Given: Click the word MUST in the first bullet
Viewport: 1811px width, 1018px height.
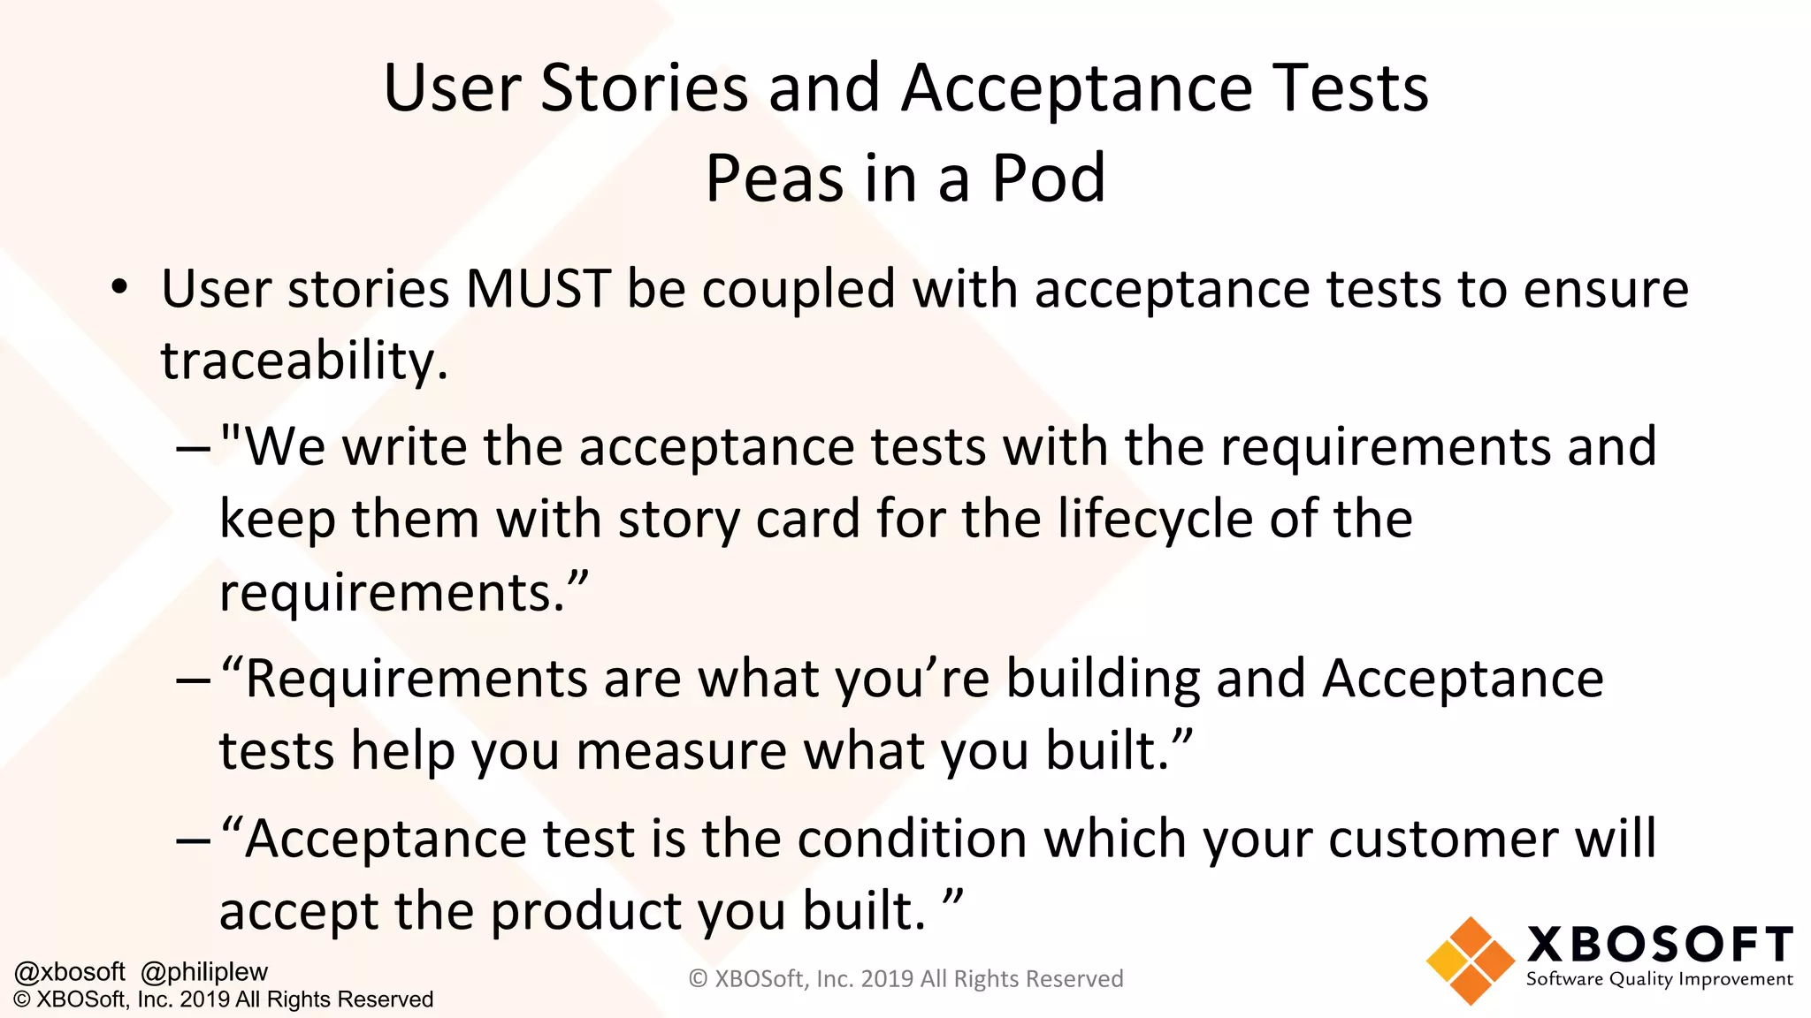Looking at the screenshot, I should click(538, 289).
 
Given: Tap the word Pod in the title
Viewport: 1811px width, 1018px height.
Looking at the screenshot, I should click(1049, 179).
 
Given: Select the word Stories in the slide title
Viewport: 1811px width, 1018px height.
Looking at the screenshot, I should click(645, 88).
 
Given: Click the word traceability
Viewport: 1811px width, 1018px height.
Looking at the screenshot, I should click(304, 361).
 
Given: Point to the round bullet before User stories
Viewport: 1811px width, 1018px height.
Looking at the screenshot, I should click(120, 289).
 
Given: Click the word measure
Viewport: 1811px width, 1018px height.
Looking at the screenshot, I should click(681, 751).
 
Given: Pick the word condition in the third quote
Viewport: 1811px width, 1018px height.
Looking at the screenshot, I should click(913, 839).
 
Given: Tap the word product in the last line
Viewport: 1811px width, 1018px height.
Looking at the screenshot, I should click(637, 911).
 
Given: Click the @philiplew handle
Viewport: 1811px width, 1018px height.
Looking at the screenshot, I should click(204, 972).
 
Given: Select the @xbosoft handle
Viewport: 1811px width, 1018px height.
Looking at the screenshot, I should click(70, 972).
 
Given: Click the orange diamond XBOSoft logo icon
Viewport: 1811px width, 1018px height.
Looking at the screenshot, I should click(1470, 961).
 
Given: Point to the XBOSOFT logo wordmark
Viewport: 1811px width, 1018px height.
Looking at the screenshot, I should click(1660, 945).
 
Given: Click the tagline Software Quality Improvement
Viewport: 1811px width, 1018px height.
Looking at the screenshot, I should click(1659, 979).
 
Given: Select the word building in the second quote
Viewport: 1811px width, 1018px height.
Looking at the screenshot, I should click(1103, 679).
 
